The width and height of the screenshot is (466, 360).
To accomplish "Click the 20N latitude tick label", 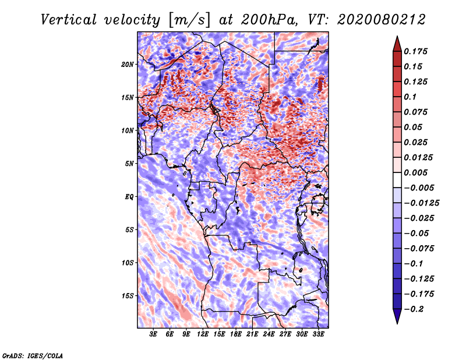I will pyautogui.click(x=128, y=64).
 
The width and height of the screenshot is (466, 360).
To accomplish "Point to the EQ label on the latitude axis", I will pyautogui.click(x=129, y=196).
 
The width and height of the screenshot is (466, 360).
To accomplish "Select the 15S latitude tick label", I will pyautogui.click(x=128, y=295).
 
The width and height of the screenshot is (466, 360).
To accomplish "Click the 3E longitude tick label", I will pyautogui.click(x=154, y=334).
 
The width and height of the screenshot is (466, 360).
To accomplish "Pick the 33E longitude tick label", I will pyautogui.click(x=318, y=334).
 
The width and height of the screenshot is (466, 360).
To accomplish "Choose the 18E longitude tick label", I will pyautogui.click(x=236, y=334).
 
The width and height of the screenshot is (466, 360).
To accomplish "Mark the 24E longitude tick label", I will pyautogui.click(x=269, y=334).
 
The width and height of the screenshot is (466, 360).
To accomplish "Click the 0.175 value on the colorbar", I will pyautogui.click(x=418, y=51).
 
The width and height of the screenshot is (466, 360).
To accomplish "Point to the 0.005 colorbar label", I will pyautogui.click(x=418, y=172).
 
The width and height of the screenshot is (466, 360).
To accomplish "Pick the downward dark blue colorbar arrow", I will pyautogui.click(x=397, y=317).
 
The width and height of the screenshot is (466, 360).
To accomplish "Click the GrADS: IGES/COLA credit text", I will pyautogui.click(x=33, y=355).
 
